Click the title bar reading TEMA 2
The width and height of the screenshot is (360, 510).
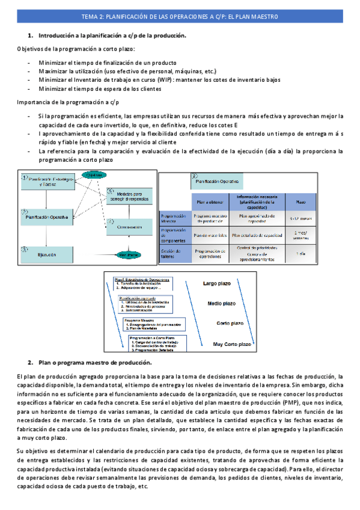pos(180,17)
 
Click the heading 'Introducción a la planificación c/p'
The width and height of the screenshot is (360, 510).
pos(112,35)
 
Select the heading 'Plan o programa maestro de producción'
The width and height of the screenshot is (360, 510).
pos(95,363)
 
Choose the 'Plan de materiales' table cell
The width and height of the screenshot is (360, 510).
pos(210,236)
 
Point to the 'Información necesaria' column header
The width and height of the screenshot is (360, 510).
pos(257,201)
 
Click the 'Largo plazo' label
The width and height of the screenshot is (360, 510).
pos(217,282)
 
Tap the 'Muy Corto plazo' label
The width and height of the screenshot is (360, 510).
pos(231,344)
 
